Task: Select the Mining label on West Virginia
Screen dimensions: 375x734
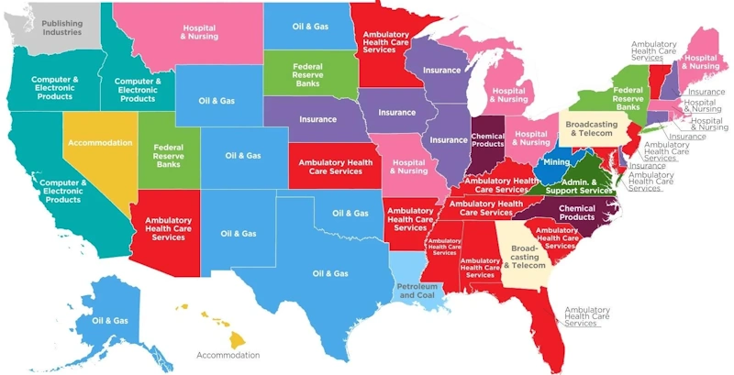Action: [556, 162]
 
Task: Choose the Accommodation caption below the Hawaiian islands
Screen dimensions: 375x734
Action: [228, 354]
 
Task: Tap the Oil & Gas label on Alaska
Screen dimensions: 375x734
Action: [109, 321]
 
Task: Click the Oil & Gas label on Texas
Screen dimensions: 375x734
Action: [329, 273]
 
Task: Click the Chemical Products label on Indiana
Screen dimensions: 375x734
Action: [488, 138]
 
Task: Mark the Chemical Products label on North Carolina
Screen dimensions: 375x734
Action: [576, 212]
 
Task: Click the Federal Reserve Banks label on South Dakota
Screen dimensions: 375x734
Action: [307, 75]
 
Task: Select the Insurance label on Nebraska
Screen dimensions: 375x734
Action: [317, 119]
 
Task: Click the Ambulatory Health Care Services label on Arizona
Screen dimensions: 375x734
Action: [168, 228]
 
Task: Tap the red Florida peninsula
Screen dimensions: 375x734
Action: [548, 307]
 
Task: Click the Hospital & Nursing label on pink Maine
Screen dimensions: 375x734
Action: [701, 61]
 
